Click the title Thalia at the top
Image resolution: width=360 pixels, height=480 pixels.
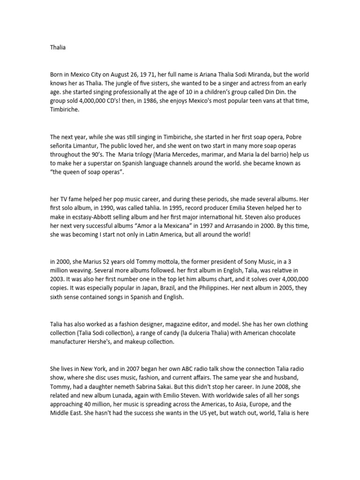click(x=57, y=47)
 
